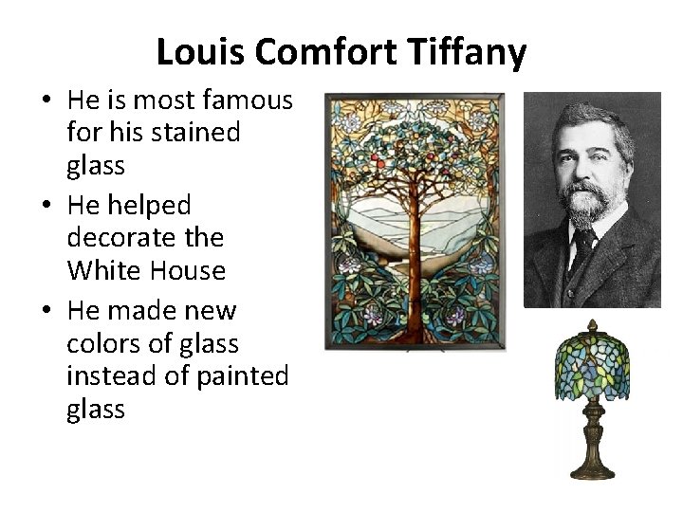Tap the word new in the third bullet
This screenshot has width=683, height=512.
[x=211, y=310]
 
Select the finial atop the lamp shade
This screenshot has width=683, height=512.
[x=595, y=325]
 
